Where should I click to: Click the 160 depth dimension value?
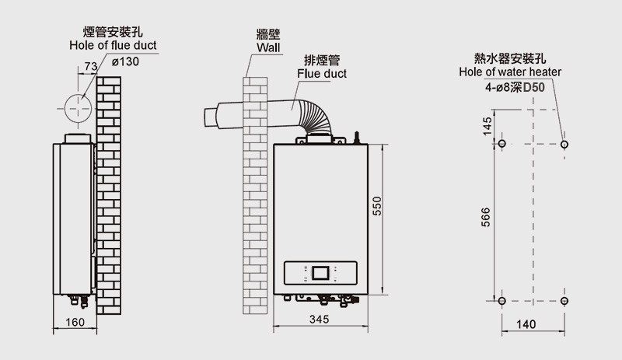(x=75, y=322)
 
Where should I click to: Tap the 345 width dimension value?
(x=319, y=320)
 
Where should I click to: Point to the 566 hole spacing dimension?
(x=486, y=220)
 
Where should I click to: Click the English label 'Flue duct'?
(x=322, y=74)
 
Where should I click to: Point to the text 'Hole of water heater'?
(x=510, y=72)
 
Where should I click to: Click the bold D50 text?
(x=534, y=87)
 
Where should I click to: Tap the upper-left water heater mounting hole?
(x=501, y=145)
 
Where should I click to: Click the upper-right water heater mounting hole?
(x=564, y=145)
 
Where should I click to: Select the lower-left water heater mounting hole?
(x=501, y=300)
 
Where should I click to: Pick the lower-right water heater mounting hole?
(x=564, y=300)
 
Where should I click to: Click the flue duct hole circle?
(x=78, y=108)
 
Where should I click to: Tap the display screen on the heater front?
(x=321, y=273)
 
